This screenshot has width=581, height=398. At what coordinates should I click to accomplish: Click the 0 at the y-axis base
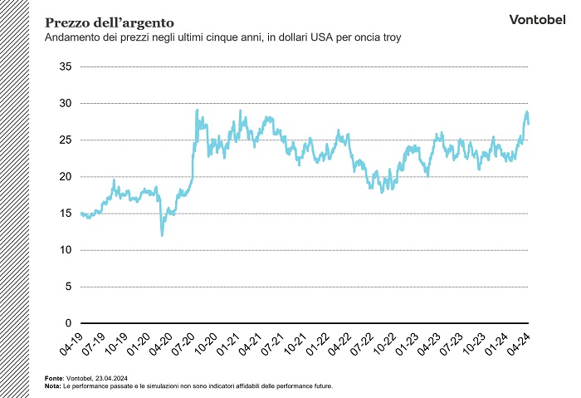pyautogui.click(x=70, y=323)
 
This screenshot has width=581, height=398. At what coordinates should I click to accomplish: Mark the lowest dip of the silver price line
pyautogui.click(x=162, y=235)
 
